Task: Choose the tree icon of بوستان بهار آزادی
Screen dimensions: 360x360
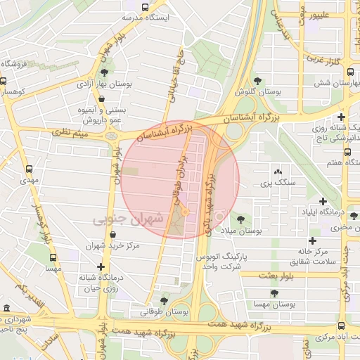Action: pos(105,72)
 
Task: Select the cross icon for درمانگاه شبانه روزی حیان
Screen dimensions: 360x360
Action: pos(102,266)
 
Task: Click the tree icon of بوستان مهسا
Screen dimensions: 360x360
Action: pos(271,292)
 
